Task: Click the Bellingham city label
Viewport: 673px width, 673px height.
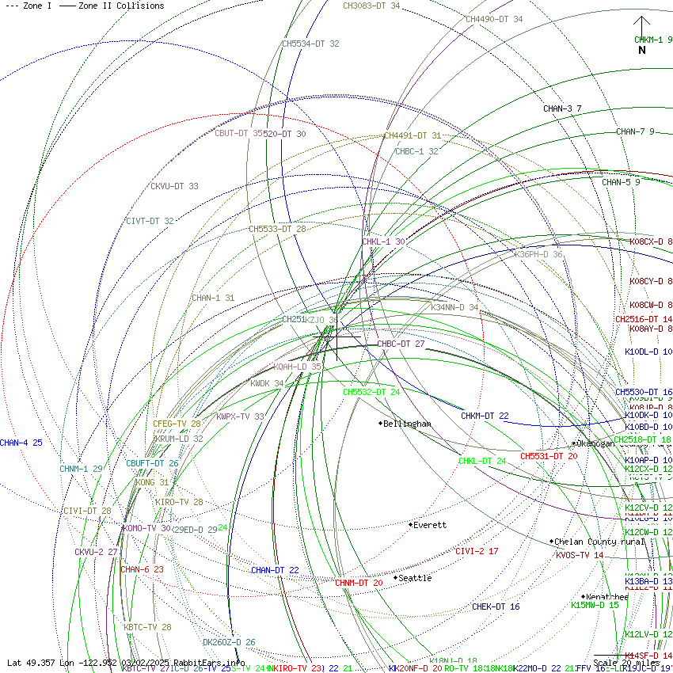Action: [407, 424]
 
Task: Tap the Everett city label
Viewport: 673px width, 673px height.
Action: [429, 525]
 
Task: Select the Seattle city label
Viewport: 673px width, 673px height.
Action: [414, 578]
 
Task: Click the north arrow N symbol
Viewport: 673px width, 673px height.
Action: [642, 50]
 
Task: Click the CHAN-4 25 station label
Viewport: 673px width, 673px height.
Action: [21, 443]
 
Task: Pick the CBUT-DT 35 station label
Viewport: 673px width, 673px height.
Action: [238, 134]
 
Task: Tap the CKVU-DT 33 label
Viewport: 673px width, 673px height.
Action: [174, 186]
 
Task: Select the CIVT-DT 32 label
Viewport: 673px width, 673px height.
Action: [150, 221]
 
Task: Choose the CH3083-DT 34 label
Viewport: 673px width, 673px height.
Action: [371, 6]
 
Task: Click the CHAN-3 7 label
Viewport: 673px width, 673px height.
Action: [562, 108]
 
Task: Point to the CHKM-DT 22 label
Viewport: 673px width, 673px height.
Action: [485, 416]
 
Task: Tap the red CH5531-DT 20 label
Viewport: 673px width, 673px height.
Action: [549, 456]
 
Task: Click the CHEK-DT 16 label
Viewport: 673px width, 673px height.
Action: [496, 606]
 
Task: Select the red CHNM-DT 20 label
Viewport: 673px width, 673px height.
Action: [359, 583]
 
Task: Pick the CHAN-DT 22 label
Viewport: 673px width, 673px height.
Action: [275, 570]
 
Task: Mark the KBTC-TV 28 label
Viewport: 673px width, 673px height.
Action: [147, 627]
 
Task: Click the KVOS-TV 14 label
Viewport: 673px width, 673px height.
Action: [580, 555]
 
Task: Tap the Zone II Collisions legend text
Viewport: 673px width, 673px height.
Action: [121, 6]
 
